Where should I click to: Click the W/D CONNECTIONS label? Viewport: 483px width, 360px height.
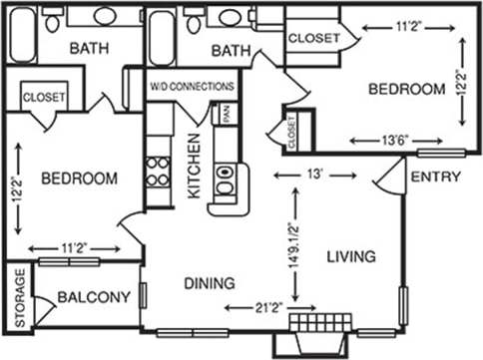[x=193, y=87]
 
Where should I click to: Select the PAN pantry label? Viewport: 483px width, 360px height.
[x=228, y=114]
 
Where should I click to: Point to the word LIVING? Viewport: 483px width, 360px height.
[x=351, y=257]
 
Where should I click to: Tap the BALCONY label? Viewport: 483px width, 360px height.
[x=94, y=297]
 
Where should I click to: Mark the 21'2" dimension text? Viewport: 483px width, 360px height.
[x=265, y=308]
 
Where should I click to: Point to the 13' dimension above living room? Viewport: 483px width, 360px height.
[x=314, y=175]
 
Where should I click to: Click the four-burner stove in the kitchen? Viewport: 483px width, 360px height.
[x=158, y=173]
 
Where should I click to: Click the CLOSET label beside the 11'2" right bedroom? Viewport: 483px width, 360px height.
[x=312, y=38]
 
